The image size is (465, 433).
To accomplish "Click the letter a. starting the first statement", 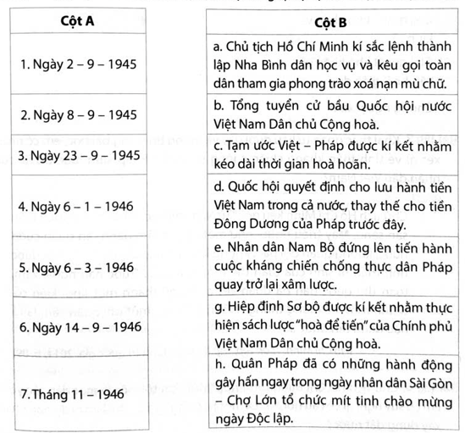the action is [x=218, y=45].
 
